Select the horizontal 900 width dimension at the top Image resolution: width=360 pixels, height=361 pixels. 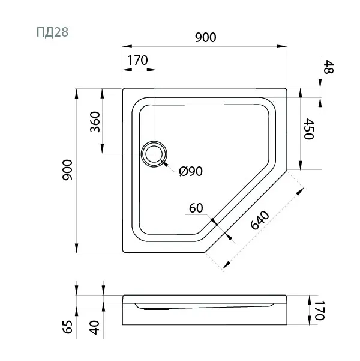click(x=205, y=37)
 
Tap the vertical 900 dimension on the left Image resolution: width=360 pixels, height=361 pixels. click(x=67, y=171)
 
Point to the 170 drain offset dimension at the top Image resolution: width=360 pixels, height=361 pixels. click(x=137, y=61)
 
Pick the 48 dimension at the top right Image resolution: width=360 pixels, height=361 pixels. click(x=328, y=67)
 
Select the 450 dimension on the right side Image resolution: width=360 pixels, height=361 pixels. click(x=309, y=129)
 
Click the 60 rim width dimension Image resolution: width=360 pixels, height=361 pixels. click(x=196, y=208)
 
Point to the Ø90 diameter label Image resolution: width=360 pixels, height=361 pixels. click(x=191, y=172)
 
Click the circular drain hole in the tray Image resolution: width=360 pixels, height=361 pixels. click(x=154, y=154)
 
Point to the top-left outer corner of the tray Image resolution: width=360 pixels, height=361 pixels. click(x=123, y=89)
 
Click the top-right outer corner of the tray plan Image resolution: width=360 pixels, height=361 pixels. click(x=286, y=89)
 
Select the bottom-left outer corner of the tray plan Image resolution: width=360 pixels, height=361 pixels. click(x=123, y=252)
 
